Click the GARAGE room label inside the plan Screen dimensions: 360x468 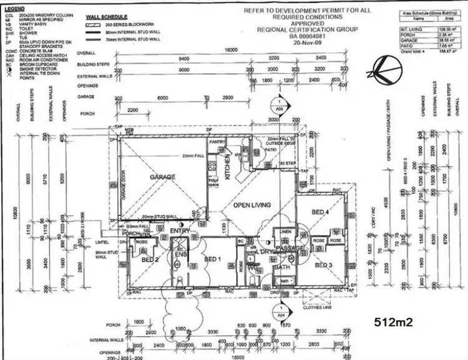click(x=160, y=177)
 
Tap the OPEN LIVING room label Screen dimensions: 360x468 click(x=251, y=205)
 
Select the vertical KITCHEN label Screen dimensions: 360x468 click(x=228, y=168)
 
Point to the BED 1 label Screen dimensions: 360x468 click(x=212, y=259)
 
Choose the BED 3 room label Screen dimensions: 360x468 click(x=323, y=265)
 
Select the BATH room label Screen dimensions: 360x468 click(x=283, y=268)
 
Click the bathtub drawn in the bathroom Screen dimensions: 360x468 click(x=285, y=281)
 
